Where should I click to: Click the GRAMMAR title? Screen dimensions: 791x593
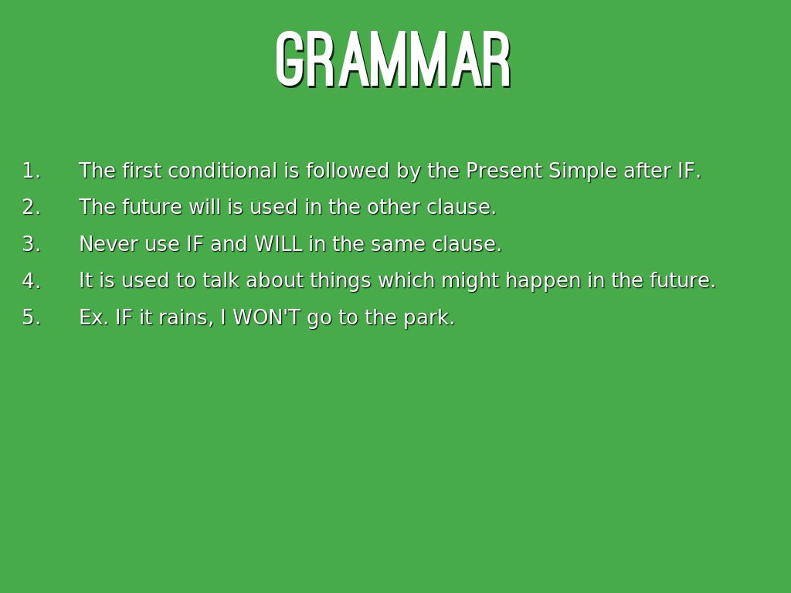click(393, 59)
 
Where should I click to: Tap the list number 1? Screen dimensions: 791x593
click(31, 171)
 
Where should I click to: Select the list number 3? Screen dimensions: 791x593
click(31, 244)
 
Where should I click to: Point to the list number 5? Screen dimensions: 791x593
click(31, 317)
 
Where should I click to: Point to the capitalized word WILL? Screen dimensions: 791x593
click(278, 244)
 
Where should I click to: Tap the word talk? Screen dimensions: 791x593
click(221, 280)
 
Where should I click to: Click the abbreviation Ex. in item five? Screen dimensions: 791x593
click(93, 317)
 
